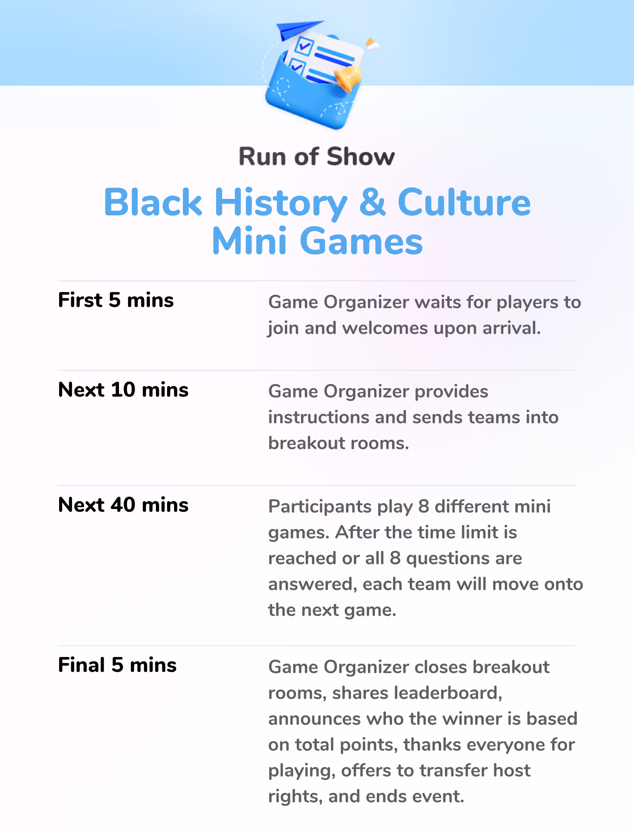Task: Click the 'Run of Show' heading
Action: pyautogui.click(x=317, y=157)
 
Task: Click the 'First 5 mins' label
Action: pyautogui.click(x=116, y=300)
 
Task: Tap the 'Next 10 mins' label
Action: pyautogui.click(x=123, y=390)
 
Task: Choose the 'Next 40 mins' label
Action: pyautogui.click(x=123, y=505)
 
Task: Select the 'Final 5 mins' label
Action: pyautogui.click(x=117, y=665)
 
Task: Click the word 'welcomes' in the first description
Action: pyautogui.click(x=385, y=328)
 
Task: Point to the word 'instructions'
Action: pyautogui.click(x=319, y=417)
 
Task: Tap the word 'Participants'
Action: pyautogui.click(x=320, y=507)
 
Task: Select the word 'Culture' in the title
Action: pyautogui.click(x=464, y=202)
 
